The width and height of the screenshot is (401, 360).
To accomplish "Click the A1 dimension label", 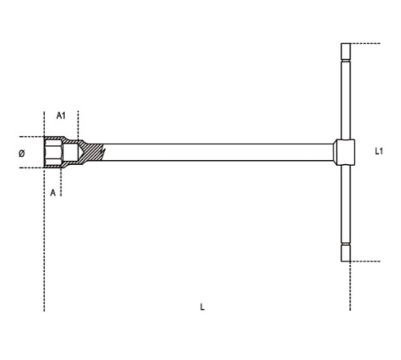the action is coord(61,116).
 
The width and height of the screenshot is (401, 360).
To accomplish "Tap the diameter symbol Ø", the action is coord(21,153).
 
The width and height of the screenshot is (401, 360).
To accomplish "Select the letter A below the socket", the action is coord(52,193).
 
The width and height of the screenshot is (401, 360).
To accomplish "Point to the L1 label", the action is coord(379,151).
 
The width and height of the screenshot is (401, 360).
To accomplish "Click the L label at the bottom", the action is coord(202,307).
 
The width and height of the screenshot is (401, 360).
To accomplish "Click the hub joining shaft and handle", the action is coord(344,152).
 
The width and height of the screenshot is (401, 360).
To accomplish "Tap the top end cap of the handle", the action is coord(346,51).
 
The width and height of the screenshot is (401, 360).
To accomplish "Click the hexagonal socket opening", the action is coord(53,152).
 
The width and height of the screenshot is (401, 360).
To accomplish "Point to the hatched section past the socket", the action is coord(92,152).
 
